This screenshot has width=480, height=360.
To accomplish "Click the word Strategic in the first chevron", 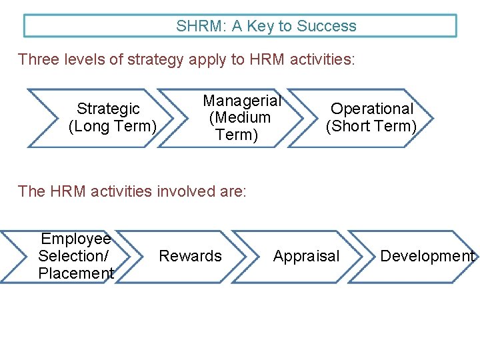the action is click(108, 108).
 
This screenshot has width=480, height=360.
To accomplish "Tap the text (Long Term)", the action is click(113, 125).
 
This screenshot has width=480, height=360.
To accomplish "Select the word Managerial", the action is click(242, 101).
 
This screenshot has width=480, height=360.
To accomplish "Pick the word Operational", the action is click(372, 108).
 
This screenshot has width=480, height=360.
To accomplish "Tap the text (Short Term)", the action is click(371, 125).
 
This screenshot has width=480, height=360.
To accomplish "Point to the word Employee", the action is click(76, 239).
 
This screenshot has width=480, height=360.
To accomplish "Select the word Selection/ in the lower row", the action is click(73, 255).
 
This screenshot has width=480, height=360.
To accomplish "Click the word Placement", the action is click(76, 273).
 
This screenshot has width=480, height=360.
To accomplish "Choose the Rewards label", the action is click(190, 256).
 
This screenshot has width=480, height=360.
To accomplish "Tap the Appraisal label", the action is click(306, 256).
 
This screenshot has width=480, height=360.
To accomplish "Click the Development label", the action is click(427, 256).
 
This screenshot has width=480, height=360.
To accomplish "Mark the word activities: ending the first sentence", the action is click(321, 59).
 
